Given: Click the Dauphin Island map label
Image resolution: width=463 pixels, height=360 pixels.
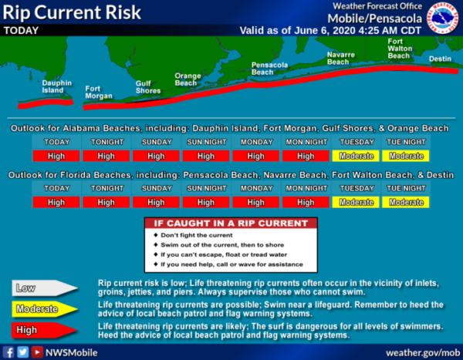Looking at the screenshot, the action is pos(56,87).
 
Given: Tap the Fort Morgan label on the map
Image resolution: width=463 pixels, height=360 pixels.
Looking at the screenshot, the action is pos(99,93).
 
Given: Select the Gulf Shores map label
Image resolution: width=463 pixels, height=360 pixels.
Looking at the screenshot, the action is pos(148,87).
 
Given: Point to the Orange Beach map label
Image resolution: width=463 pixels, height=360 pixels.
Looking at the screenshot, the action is pos(188,79).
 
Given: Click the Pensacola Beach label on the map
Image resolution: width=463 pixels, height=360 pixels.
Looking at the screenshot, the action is pos(269,69).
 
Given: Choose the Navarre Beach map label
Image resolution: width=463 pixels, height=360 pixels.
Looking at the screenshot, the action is pos(341,58).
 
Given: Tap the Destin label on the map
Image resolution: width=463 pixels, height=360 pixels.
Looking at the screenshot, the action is pos(440,59).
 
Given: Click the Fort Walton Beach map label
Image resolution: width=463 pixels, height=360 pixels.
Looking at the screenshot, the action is pos(400,49).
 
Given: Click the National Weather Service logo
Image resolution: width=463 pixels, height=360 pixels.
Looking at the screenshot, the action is pos(443,18).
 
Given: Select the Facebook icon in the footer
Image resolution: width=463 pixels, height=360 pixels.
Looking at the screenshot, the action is pos(8,352).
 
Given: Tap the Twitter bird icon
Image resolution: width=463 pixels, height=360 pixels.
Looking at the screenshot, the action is pos(22,352).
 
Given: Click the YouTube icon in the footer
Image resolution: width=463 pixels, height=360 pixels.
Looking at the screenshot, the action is pos(37,352).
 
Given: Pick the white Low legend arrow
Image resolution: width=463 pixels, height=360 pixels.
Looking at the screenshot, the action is pos(44,288).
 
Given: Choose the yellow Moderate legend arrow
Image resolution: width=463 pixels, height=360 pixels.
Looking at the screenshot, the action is pos(44,309).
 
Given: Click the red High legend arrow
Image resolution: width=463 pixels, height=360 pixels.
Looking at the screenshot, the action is pos(44,330).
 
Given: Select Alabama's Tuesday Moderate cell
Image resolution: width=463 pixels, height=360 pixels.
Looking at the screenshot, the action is pos(356,156).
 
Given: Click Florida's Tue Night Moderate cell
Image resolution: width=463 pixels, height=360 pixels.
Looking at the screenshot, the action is pos(406,202).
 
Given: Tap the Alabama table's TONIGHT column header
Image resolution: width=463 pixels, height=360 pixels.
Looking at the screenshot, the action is pos(107,142).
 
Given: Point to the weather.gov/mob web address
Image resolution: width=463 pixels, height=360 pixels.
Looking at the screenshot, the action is pos(423,352).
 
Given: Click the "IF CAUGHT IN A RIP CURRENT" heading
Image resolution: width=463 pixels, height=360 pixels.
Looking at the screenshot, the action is pos(231,224).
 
